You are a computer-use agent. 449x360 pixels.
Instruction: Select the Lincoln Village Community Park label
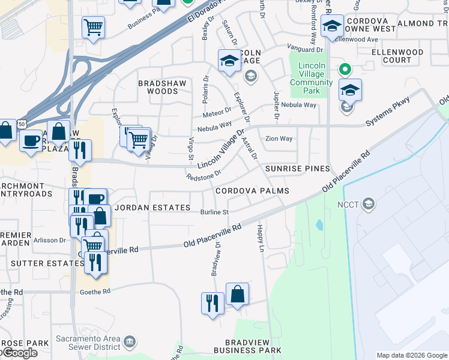pyautogui.click(x=311, y=79)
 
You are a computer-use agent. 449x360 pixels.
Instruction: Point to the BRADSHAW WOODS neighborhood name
pyautogui.click(x=158, y=87)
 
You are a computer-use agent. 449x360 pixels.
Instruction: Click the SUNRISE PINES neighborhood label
pyautogui.click(x=298, y=169)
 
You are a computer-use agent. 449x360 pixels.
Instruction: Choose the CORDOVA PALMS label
pyautogui.click(x=252, y=191)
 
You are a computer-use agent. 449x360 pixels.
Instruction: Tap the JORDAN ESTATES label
pyautogui.click(x=152, y=208)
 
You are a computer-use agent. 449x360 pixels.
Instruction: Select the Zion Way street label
pyautogui.click(x=279, y=139)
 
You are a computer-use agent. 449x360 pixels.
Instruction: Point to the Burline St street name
pyautogui.click(x=215, y=212)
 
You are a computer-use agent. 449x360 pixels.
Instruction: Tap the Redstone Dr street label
pyautogui.click(x=204, y=174)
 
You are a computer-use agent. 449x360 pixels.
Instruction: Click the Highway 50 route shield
pyautogui.click(x=22, y=123)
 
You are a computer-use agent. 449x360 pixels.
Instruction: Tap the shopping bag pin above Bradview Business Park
pyautogui.click(x=238, y=294)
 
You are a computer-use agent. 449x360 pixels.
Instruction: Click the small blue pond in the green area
pyautogui.click(x=319, y=225)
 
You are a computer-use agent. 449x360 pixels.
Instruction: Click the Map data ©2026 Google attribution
pyautogui.click(x=411, y=355)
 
